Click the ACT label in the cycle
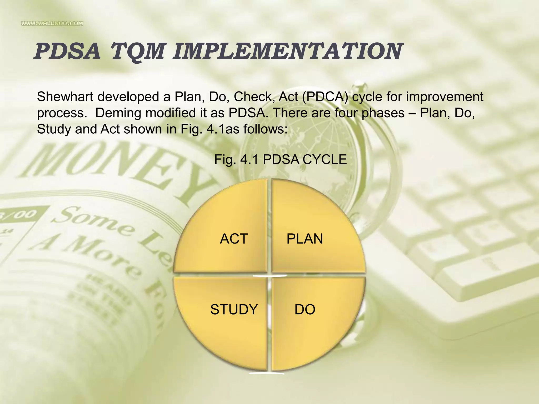coord(234,239)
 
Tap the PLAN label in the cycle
coord(305,239)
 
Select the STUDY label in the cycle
coord(234,309)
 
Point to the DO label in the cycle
coord(305,309)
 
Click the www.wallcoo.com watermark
coord(52,23)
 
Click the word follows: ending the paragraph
coord(265,129)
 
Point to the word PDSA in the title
coord(67,52)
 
